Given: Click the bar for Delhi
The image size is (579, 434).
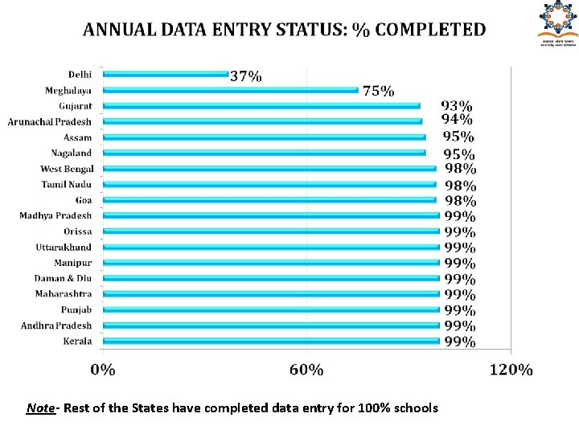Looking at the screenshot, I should coord(166,75).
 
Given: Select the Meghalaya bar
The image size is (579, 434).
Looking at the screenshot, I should coord(231,90).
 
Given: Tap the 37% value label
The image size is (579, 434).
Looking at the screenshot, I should coord(245,76).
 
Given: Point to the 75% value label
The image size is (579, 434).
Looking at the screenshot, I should coord(378,91).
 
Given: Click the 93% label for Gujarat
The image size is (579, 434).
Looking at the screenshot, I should coord(457,105).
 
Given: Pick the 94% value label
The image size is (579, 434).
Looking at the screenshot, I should coord(457,120).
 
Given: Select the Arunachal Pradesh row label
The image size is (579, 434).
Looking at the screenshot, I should coord(50,121).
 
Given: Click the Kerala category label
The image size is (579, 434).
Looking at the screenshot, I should coord(77,341).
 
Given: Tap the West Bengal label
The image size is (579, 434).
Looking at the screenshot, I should coord(67,169).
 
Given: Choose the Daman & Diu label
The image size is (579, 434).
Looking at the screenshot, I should coord(63,278).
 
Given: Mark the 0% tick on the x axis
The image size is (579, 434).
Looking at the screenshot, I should coord(102,370).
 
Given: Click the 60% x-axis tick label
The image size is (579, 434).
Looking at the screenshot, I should coord(306,370).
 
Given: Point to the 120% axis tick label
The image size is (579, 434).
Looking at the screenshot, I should coord(511,370).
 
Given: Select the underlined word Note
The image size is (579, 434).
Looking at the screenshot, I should coord(39,408).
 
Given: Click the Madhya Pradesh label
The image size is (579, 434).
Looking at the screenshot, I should coord(56,215).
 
